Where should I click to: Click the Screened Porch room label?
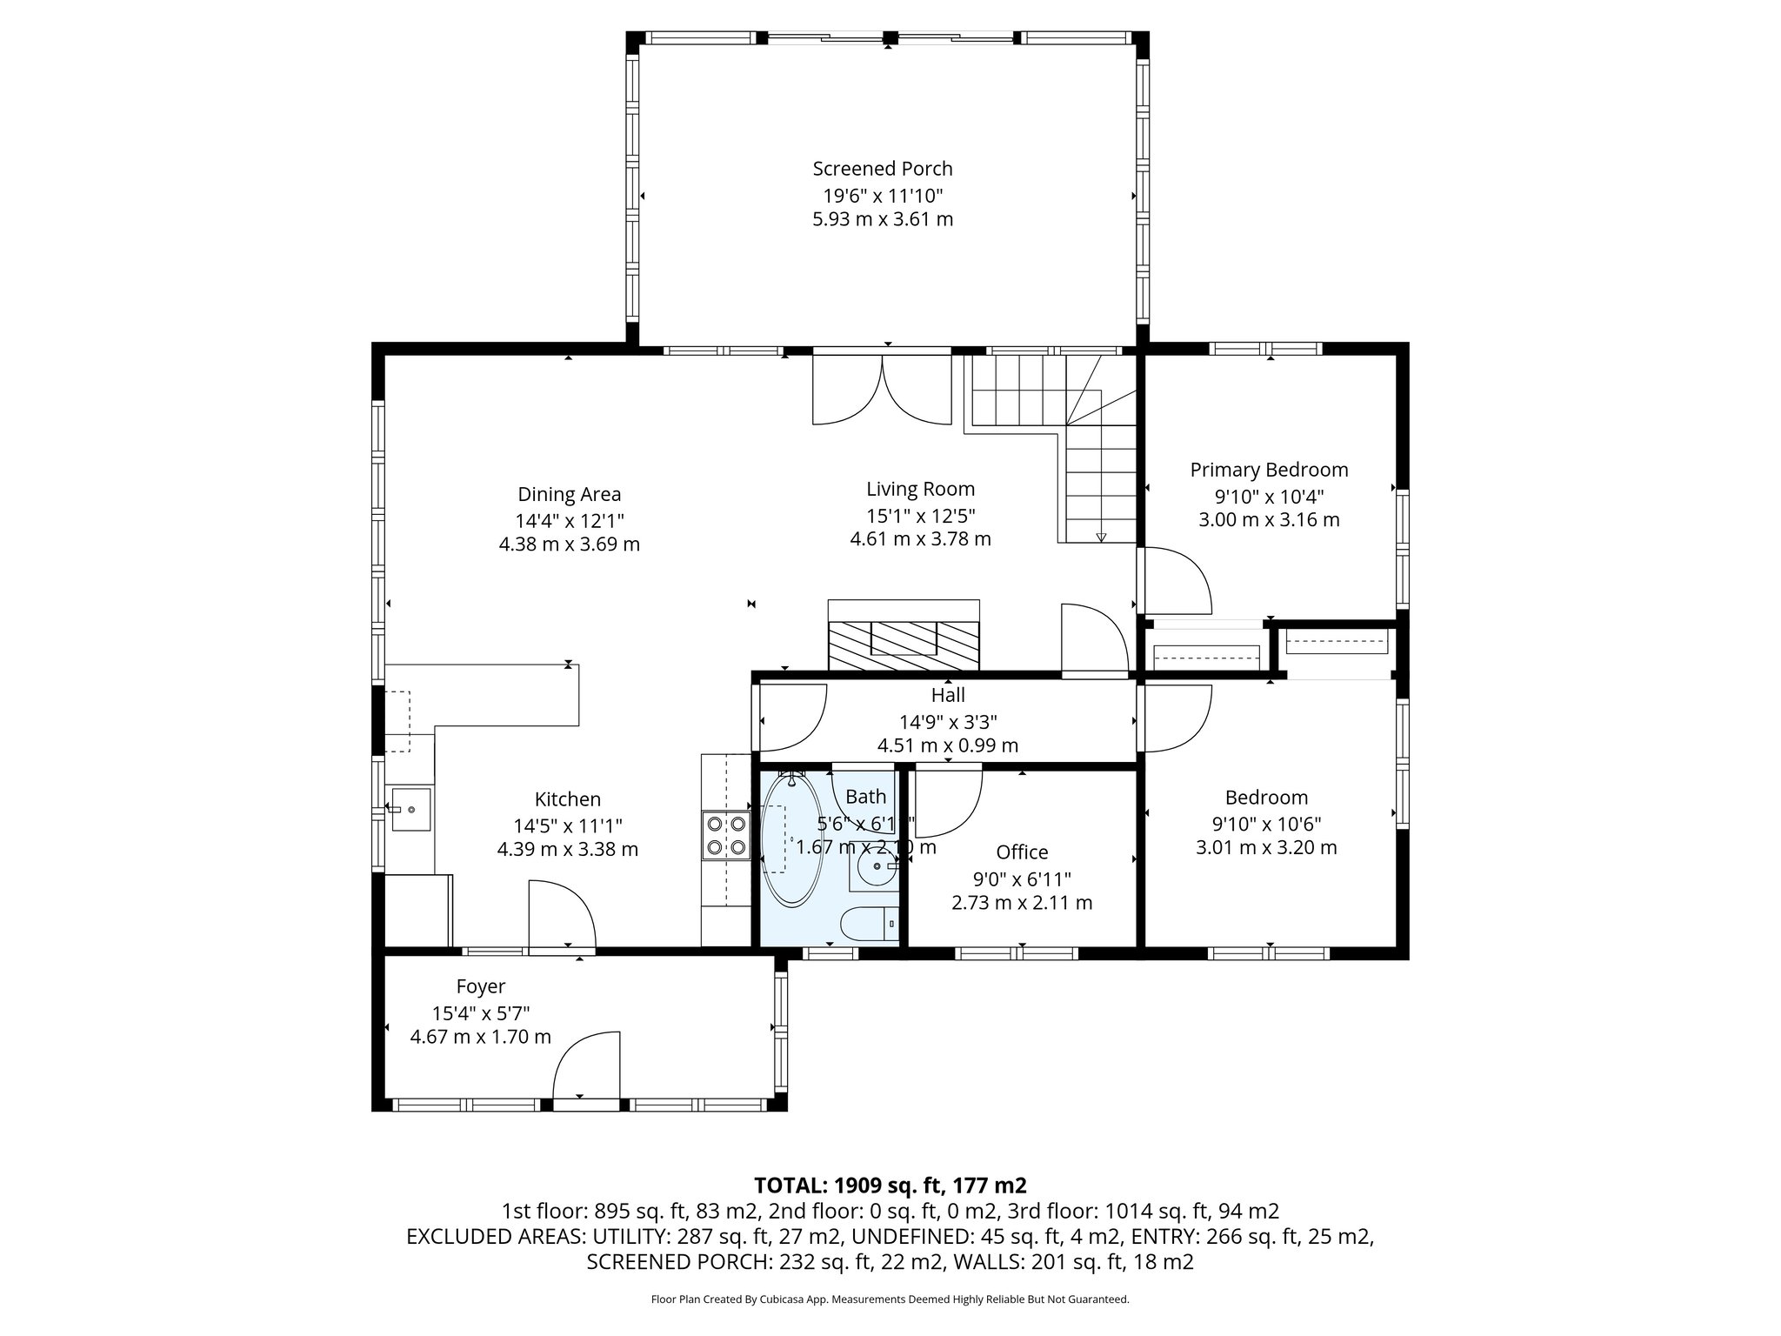[x=882, y=169]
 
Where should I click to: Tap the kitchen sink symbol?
[x=410, y=809]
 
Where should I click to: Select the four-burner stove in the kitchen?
[x=726, y=835]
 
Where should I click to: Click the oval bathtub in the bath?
[x=790, y=840]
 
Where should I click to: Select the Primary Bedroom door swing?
[x=1176, y=581]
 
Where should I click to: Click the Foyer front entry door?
[x=587, y=1068]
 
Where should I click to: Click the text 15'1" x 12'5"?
[x=920, y=515]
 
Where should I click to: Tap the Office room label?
[x=1022, y=852]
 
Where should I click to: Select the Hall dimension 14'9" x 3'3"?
[x=948, y=721]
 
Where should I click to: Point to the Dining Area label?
[x=569, y=495]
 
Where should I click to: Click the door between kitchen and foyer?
[x=561, y=915]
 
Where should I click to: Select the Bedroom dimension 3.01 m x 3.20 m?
[x=1266, y=847]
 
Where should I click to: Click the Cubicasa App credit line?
[x=890, y=1299]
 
